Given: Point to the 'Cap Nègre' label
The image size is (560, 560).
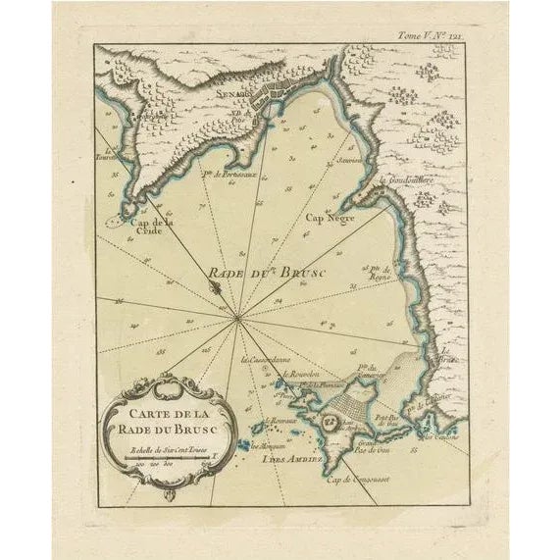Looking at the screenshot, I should (328, 218).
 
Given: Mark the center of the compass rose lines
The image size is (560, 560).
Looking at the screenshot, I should (238, 317).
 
